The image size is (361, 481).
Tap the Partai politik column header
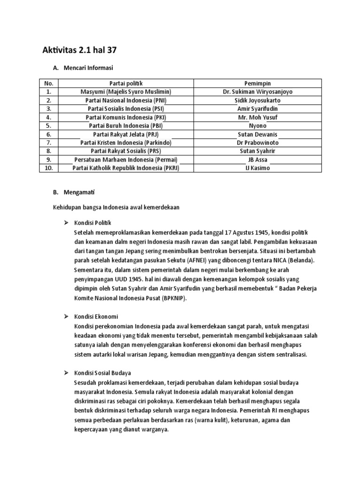point(126,83)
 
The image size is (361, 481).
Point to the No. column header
point(48,83)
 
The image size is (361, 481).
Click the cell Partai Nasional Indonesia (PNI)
point(126,100)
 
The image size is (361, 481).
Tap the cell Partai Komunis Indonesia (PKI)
point(126,117)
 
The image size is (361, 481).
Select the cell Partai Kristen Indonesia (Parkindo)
point(126,142)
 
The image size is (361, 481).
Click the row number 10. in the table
point(48,168)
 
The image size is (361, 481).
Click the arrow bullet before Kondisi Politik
point(66,222)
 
